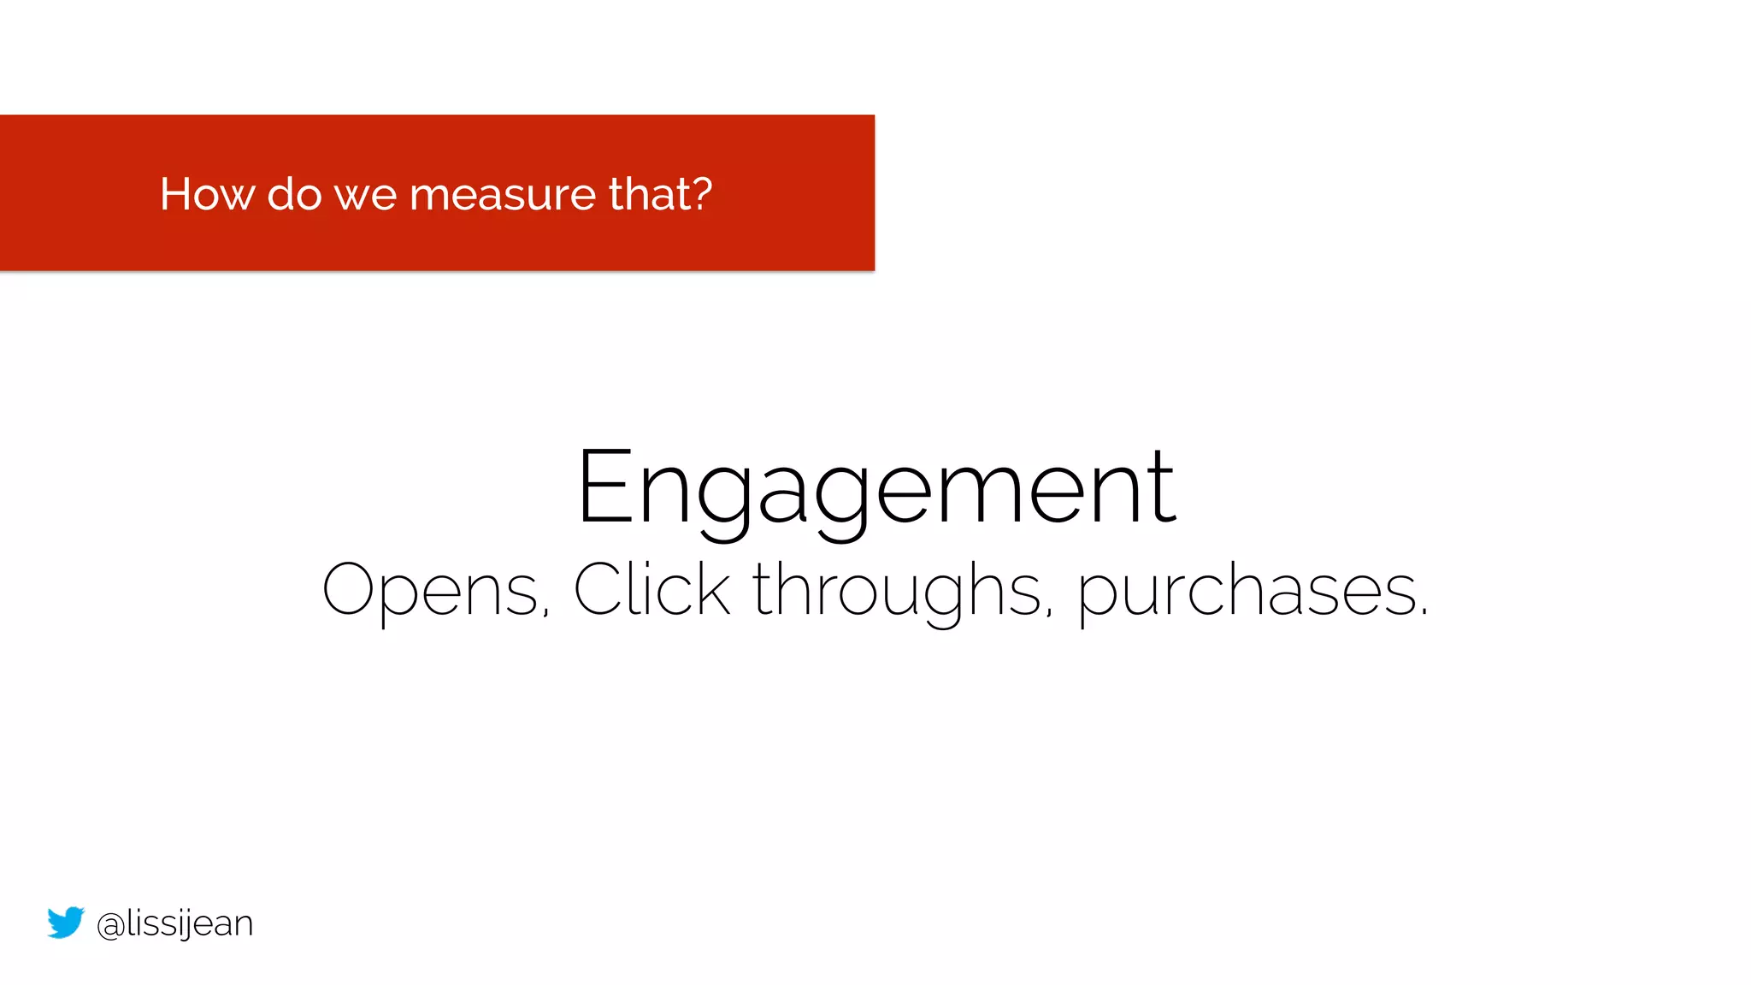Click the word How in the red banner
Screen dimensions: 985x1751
click(206, 194)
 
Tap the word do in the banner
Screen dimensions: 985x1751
click(294, 194)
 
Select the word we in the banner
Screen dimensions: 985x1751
click(365, 196)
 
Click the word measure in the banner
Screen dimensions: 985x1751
click(502, 195)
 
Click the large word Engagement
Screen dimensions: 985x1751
click(876, 489)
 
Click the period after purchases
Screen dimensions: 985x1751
click(1424, 611)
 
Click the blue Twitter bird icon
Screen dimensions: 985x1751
click(66, 922)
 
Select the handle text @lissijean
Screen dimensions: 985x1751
click(175, 924)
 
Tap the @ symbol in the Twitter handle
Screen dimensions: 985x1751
click(110, 925)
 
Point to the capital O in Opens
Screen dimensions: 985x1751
click(347, 589)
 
